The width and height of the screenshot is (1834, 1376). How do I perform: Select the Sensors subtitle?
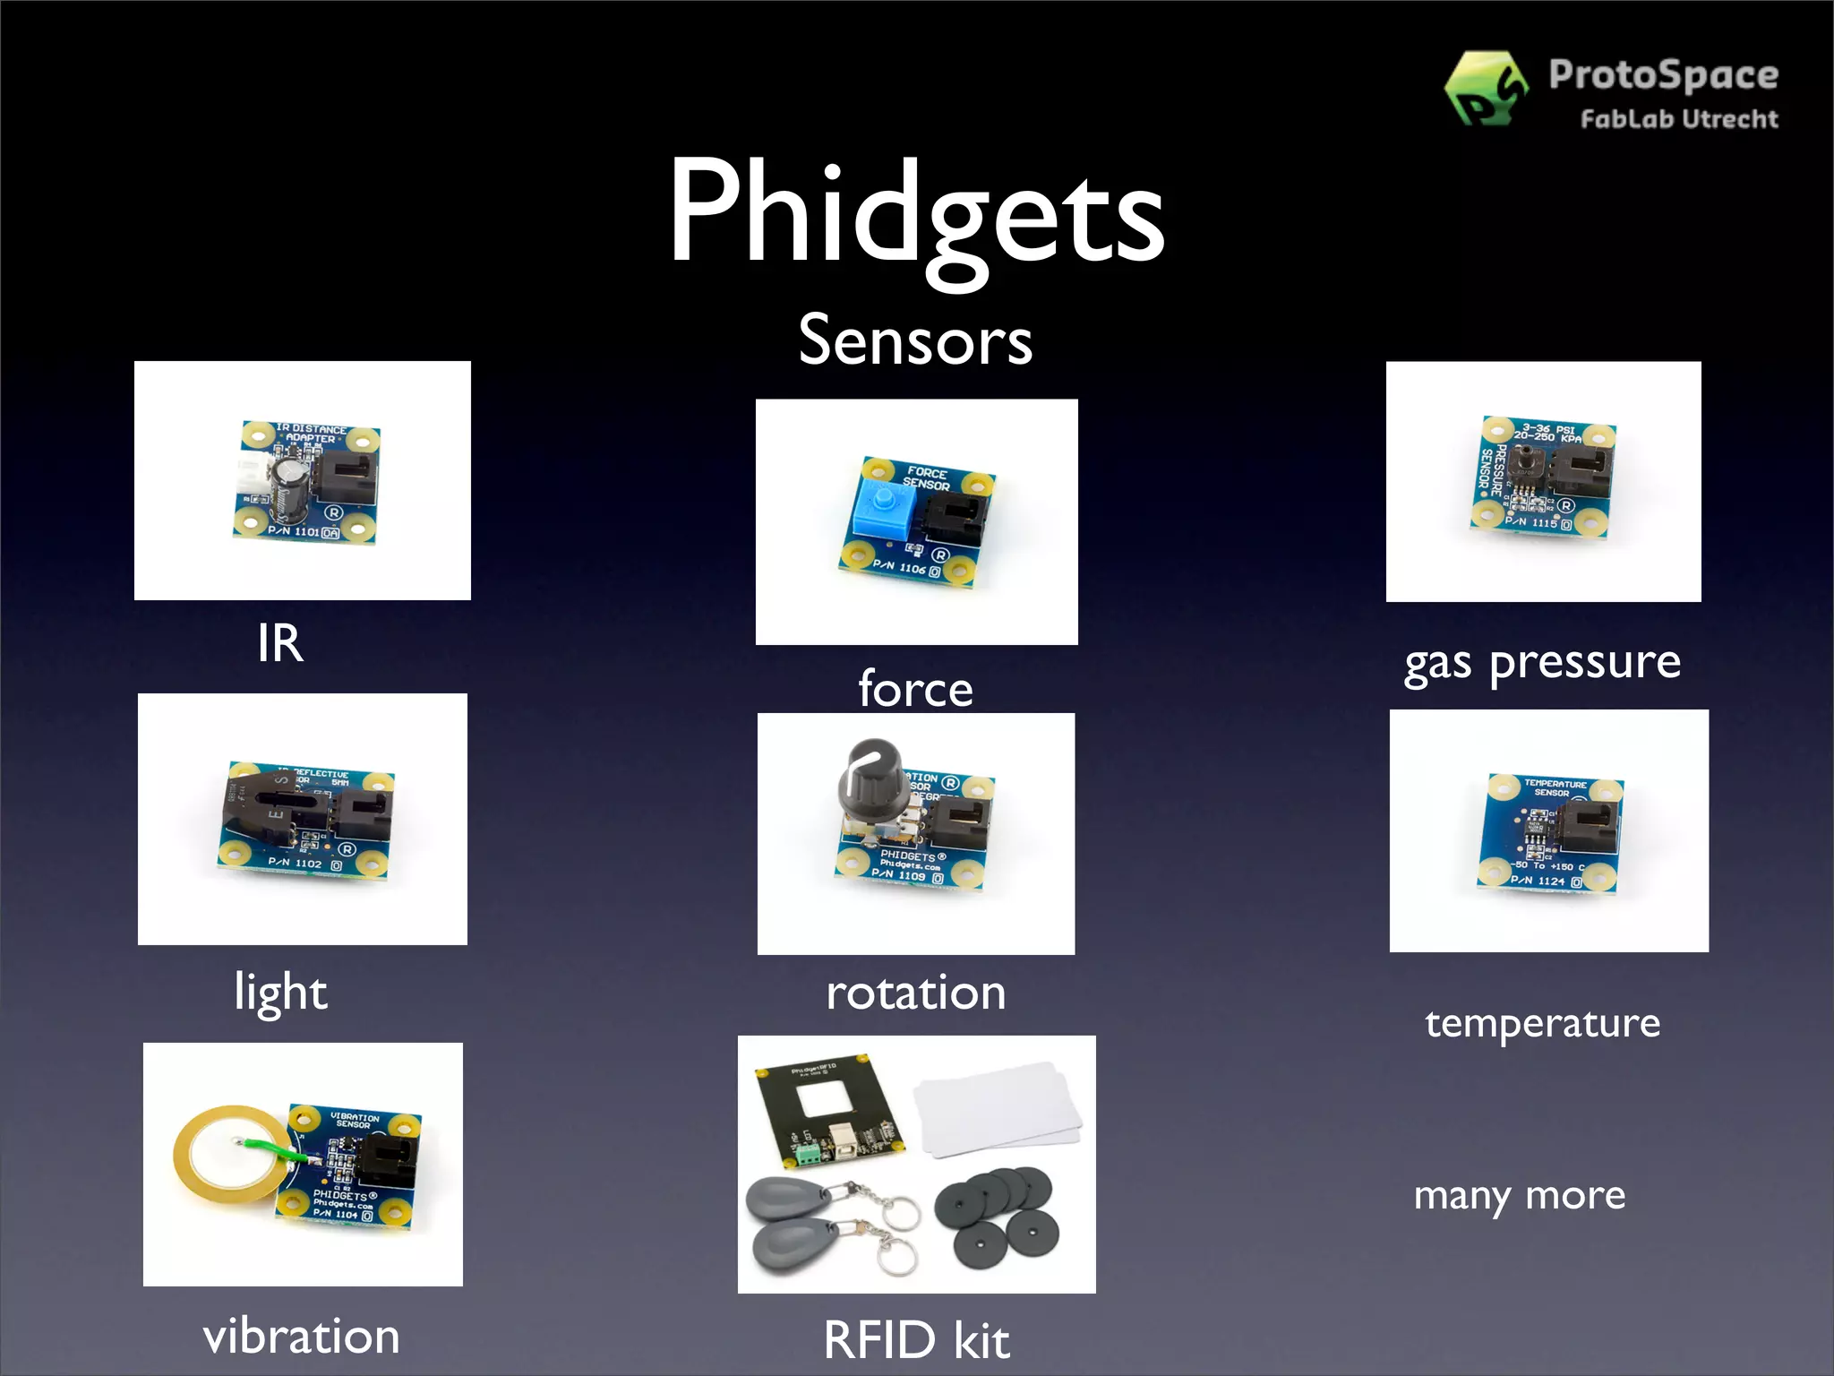pos(915,341)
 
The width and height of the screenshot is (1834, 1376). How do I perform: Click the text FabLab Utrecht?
pos(1679,119)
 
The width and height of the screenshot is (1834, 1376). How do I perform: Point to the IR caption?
pos(280,643)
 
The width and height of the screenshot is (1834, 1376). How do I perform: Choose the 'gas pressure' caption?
pos(1542,664)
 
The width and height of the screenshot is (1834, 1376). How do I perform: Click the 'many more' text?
pos(1519,1196)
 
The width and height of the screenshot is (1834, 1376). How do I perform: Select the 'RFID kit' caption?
pos(916,1340)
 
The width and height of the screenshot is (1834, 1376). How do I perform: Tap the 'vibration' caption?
pos(301,1337)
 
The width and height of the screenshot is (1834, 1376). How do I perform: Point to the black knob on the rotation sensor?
pos(871,775)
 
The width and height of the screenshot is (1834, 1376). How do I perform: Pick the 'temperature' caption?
pos(1542,1023)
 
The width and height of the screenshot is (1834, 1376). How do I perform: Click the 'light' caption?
pos(280,993)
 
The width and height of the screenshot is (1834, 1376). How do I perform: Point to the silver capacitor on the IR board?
pos(292,491)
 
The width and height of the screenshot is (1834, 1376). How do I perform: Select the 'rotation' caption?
pos(915,993)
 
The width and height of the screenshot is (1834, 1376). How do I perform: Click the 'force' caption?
pos(915,688)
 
